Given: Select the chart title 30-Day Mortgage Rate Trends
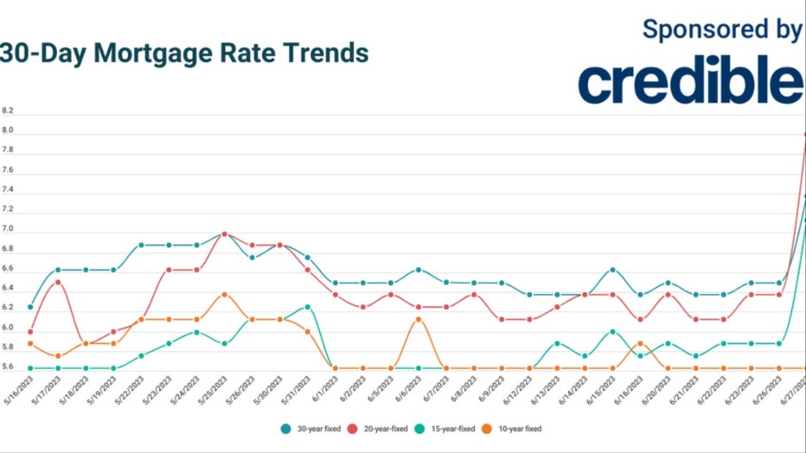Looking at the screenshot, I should [184, 53].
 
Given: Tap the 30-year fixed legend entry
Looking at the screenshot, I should [312, 428].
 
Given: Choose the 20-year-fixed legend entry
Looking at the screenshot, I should [381, 428].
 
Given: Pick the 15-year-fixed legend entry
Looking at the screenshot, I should [450, 428].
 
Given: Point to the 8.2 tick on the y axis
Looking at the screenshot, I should [8, 112].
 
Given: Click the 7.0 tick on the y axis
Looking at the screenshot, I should [8, 231].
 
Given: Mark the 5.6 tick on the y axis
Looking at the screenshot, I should [8, 367].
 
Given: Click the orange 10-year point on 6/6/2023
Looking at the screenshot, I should [419, 319].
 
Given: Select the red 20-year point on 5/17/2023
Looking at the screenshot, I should [58, 282].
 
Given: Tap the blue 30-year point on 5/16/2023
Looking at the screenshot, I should [30, 307].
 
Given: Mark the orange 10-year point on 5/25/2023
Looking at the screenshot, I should [224, 295].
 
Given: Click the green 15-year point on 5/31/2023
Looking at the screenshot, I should [307, 307].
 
